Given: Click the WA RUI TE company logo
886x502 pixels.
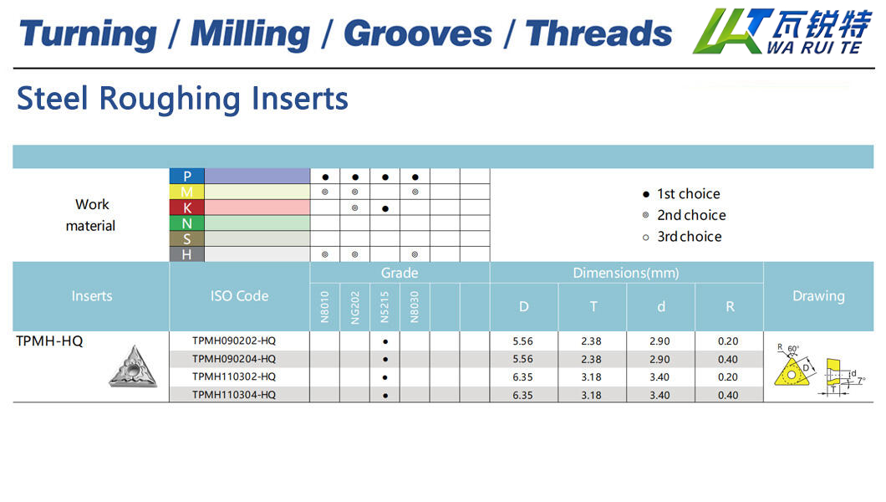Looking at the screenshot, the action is click(782, 31).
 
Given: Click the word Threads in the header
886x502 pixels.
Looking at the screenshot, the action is click(598, 33).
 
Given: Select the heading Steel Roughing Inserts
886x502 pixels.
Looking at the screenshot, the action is click(182, 99).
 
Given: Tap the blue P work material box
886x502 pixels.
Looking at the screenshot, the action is click(186, 176).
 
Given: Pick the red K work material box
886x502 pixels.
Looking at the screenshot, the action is click(186, 207).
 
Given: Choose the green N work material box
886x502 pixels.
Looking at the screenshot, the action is click(186, 223).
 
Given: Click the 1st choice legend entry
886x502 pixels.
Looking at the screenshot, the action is click(681, 194).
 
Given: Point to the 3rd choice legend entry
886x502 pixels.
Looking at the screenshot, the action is click(682, 237).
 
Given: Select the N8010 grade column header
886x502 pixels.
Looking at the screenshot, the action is click(325, 307).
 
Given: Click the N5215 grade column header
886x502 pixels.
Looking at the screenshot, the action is click(384, 307).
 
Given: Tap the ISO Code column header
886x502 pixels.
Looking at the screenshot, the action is click(240, 295).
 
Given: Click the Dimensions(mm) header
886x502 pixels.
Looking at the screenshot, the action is click(626, 273).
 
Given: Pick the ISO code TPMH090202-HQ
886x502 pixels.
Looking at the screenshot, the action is click(234, 341).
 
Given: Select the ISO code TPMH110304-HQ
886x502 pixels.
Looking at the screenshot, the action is click(234, 395).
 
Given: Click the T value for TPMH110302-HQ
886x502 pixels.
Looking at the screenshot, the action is click(591, 377).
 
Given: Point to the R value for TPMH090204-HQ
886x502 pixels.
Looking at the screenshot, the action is click(728, 360).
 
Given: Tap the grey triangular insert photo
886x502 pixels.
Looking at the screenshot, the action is click(134, 367).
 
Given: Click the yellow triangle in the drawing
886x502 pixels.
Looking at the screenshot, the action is click(792, 372).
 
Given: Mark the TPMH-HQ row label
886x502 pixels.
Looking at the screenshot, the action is click(49, 341).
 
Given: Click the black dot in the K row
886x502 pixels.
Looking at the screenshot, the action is click(385, 208).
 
